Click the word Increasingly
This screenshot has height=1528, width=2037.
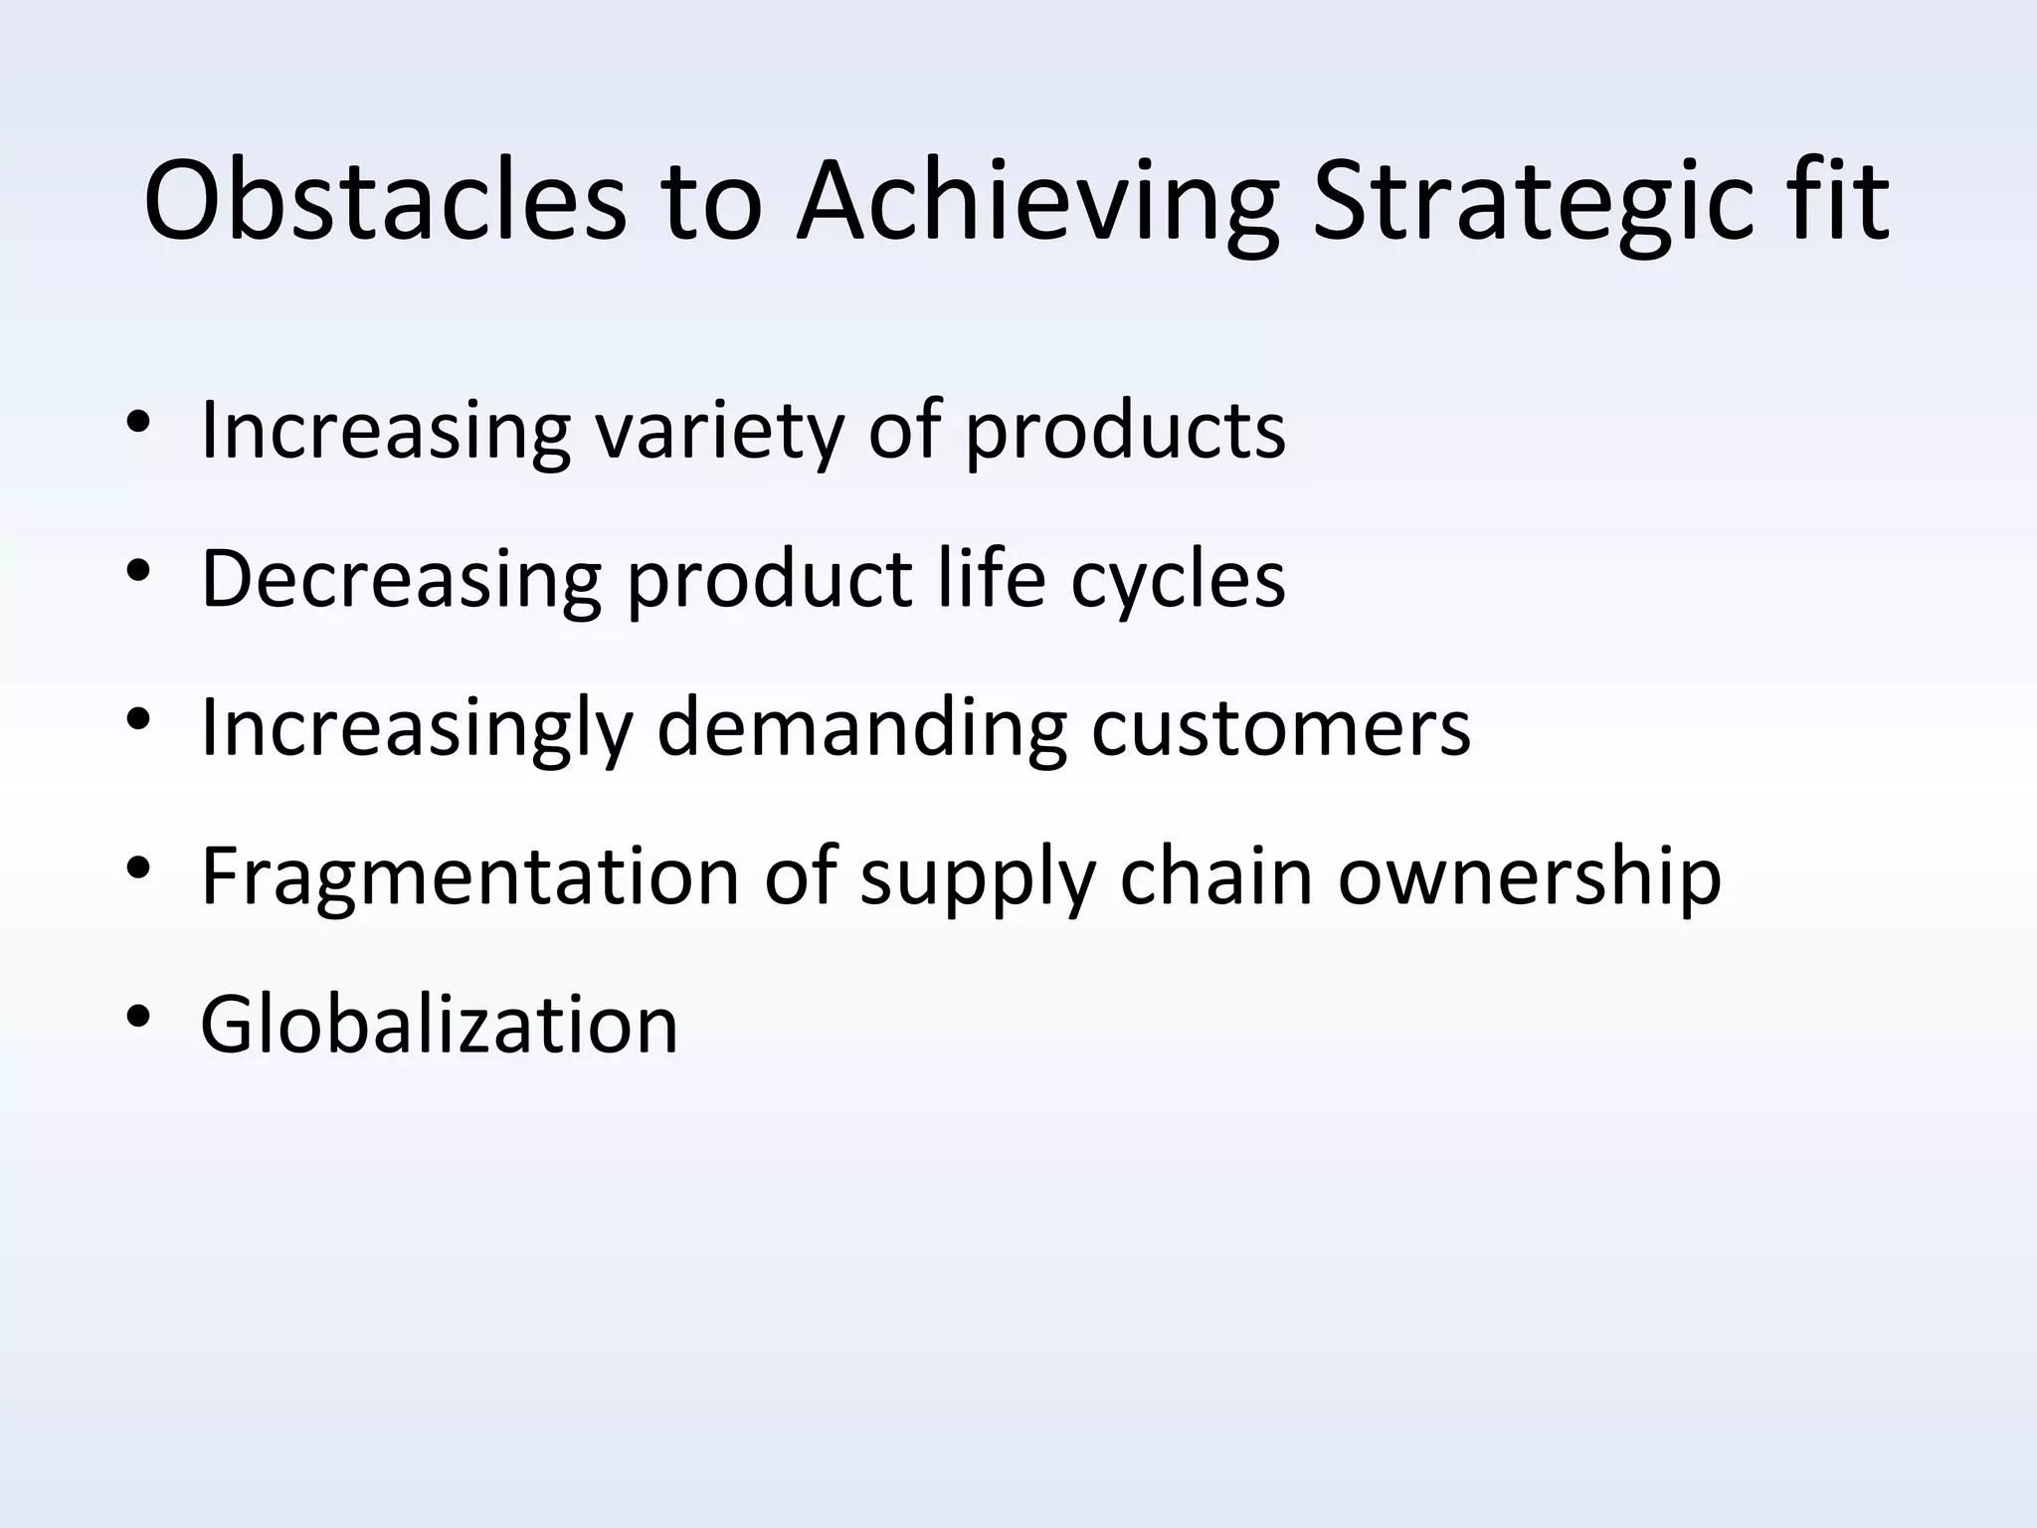[x=416, y=728]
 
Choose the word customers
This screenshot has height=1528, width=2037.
[x=1280, y=728]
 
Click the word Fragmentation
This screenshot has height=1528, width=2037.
[x=469, y=877]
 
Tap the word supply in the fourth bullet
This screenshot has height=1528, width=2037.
[x=976, y=877]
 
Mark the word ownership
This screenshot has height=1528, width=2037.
[x=1529, y=877]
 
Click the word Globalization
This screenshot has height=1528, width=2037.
[x=439, y=1025]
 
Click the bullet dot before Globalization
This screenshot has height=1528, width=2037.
[x=138, y=1017]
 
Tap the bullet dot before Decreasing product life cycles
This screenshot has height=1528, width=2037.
[x=138, y=570]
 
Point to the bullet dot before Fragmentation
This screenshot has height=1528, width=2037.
[x=138, y=868]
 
